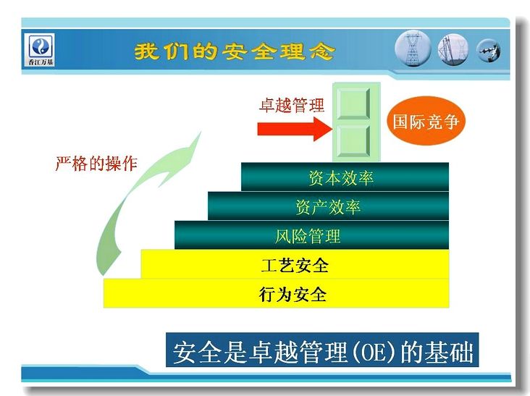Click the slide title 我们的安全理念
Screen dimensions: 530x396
point(235,51)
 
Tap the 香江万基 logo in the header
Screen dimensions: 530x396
point(41,49)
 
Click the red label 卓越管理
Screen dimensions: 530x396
point(292,105)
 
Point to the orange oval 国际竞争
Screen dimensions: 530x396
point(426,121)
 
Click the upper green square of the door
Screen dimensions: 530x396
point(353,104)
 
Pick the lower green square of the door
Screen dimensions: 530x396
point(353,141)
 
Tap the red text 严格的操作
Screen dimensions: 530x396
point(96,164)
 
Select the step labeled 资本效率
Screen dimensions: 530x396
point(345,177)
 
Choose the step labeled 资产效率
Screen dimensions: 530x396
point(328,206)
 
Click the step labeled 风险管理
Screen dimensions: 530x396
point(311,235)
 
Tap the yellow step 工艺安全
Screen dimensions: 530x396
point(295,264)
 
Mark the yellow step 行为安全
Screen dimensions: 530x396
point(276,293)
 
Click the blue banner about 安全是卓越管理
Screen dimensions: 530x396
point(322,350)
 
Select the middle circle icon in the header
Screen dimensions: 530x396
point(453,49)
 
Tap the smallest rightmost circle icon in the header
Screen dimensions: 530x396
point(488,51)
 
